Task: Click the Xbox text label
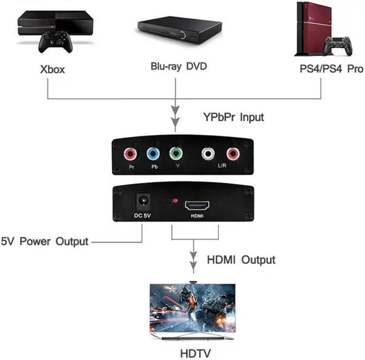(x=52, y=70)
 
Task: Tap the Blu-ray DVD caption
(x=178, y=66)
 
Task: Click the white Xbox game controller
(x=55, y=41)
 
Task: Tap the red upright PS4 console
(x=313, y=28)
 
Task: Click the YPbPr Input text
(x=233, y=117)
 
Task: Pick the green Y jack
(x=176, y=154)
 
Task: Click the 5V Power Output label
(x=45, y=241)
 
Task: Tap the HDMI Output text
(x=241, y=260)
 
